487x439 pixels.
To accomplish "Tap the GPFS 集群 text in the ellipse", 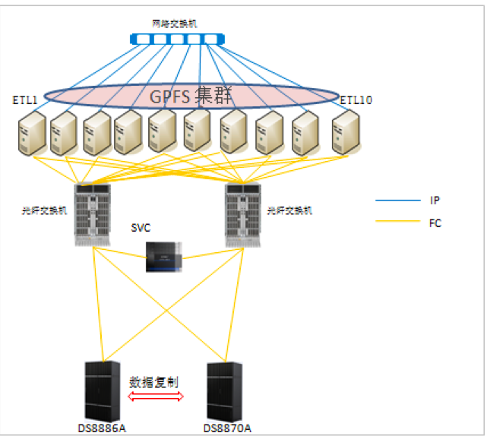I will (190, 96).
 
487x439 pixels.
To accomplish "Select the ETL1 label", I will (25, 99).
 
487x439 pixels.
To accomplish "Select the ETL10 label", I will (356, 99).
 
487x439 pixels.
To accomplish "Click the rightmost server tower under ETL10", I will (346, 134).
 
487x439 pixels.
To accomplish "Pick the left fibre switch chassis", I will (93, 214).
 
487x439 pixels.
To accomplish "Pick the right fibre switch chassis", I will (244, 214).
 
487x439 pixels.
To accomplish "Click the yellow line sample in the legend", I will (397, 223).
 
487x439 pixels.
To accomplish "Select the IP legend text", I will (435, 201).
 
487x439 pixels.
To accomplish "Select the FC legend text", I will (435, 223).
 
